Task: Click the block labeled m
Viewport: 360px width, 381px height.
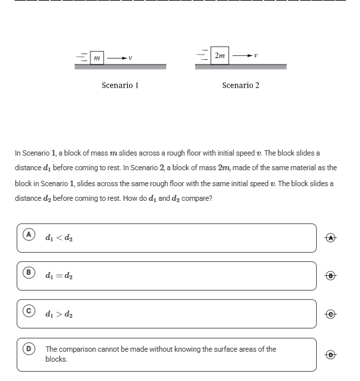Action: pyautogui.click(x=96, y=58)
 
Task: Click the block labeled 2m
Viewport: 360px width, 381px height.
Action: pyautogui.click(x=220, y=55)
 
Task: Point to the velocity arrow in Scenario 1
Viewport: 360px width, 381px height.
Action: pyautogui.click(x=117, y=58)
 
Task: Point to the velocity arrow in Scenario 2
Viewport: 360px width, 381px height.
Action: pyautogui.click(x=242, y=56)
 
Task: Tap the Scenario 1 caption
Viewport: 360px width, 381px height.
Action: pyautogui.click(x=120, y=85)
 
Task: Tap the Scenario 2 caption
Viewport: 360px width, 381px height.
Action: pyautogui.click(x=241, y=85)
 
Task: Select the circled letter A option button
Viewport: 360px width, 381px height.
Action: pyautogui.click(x=29, y=235)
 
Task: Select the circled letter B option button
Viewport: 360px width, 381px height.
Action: pyautogui.click(x=29, y=273)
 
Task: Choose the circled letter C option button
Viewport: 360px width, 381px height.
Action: pyautogui.click(x=29, y=311)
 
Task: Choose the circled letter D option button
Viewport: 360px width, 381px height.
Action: pyautogui.click(x=29, y=348)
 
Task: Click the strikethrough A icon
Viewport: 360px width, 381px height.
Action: pyautogui.click(x=331, y=238)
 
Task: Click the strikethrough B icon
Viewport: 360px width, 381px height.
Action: pyautogui.click(x=331, y=276)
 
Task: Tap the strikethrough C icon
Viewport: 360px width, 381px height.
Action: pyautogui.click(x=331, y=315)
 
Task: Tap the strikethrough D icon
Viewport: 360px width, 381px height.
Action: pyautogui.click(x=331, y=354)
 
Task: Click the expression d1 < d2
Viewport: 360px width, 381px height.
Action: pyautogui.click(x=59, y=237)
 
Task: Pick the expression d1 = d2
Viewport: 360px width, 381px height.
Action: pyautogui.click(x=59, y=275)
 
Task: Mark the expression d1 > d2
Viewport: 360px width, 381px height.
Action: pyautogui.click(x=59, y=314)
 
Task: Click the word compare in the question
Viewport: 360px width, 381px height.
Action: pyautogui.click(x=196, y=199)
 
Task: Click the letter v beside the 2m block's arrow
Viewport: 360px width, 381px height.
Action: pyautogui.click(x=256, y=56)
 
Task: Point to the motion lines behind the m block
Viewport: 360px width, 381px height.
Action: pyautogui.click(x=82, y=57)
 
